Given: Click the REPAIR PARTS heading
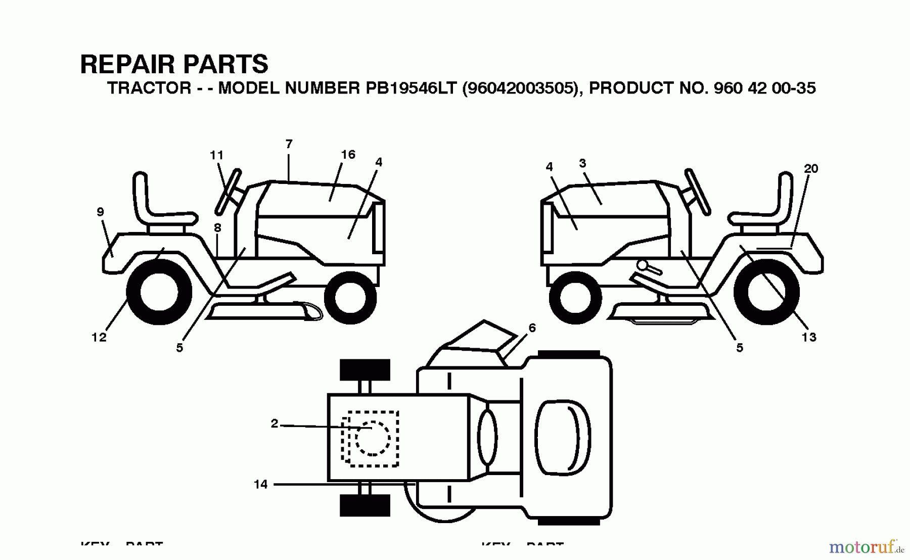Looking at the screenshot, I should (174, 64).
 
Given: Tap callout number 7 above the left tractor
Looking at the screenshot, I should (289, 144).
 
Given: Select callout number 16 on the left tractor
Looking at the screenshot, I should (348, 154).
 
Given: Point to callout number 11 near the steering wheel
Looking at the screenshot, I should (216, 155).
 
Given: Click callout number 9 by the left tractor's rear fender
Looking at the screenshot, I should (100, 212).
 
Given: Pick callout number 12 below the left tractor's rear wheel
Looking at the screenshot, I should (99, 337).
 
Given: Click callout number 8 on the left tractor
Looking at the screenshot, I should (217, 228).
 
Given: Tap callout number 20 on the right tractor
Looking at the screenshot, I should (810, 168).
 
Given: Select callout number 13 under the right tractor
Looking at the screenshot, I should (808, 337).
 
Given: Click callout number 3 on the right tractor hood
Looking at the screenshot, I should (582, 163).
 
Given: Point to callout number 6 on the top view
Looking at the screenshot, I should (532, 328).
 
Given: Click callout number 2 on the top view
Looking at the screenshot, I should (275, 424).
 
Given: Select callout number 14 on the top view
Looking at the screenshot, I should (260, 484).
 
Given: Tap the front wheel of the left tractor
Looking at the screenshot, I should (350, 298).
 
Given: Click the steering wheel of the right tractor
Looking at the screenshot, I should (698, 192).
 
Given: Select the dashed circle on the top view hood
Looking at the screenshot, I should (373, 438).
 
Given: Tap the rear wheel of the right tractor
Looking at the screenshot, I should (766, 292).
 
